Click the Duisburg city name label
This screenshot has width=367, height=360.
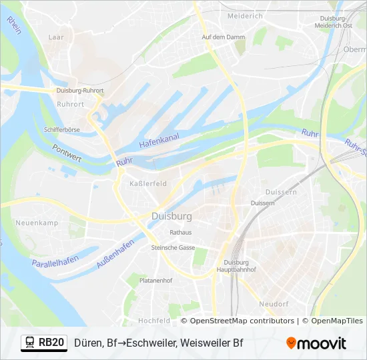pyautogui.click(x=171, y=217)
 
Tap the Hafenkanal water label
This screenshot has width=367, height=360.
pyautogui.click(x=159, y=141)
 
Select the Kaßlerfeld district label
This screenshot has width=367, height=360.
pyautogui.click(x=147, y=183)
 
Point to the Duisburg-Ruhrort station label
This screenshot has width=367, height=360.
pyautogui.click(x=79, y=91)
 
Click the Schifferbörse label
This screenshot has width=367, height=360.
pyautogui.click(x=61, y=130)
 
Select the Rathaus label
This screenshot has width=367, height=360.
pyautogui.click(x=181, y=233)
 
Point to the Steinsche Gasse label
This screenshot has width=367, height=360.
pyautogui.click(x=173, y=247)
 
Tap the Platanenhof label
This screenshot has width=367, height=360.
pyautogui.click(x=155, y=281)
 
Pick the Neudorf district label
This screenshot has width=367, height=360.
pyautogui.click(x=274, y=304)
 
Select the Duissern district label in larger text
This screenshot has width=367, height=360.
pyautogui.click(x=281, y=191)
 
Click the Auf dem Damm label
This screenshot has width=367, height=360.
pyautogui.click(x=219, y=37)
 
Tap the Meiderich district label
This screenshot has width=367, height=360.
pyautogui.click(x=245, y=15)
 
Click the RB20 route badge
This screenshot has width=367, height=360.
pyautogui.click(x=51, y=343)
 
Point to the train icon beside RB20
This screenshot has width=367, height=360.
pyautogui.click(x=29, y=343)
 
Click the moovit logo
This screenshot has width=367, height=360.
pyautogui.click(x=316, y=343)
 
